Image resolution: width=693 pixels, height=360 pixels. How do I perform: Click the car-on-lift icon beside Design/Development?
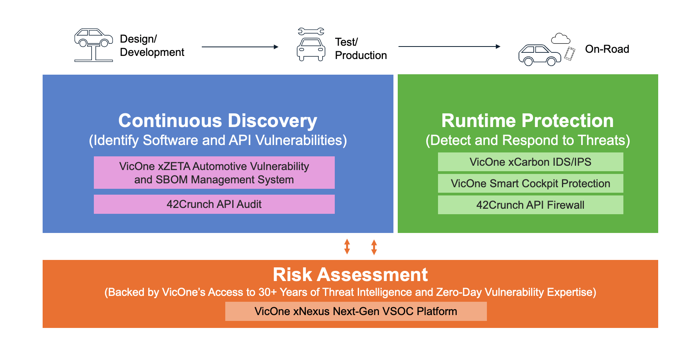[x=93, y=45]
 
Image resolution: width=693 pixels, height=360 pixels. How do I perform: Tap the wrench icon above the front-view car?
[x=311, y=31]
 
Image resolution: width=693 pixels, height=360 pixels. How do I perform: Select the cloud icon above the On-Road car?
[x=560, y=38]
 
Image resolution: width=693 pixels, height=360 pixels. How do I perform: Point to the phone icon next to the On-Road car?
[x=570, y=54]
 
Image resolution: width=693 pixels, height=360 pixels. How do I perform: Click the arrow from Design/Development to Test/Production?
[x=240, y=47]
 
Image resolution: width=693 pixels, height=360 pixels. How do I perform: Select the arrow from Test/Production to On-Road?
[x=449, y=47]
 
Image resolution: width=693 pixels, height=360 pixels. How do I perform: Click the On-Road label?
[x=607, y=49]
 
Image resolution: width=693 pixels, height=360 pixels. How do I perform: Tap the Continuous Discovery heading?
[x=217, y=120]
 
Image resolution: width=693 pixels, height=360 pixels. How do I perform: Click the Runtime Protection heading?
[x=527, y=120]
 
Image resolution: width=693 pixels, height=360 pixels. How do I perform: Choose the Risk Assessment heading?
[x=350, y=274]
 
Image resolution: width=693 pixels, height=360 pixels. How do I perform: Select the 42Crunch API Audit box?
[x=214, y=204]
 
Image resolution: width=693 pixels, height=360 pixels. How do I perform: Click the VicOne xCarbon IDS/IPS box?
[x=530, y=162]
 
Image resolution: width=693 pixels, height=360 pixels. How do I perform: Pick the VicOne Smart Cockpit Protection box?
[x=530, y=183]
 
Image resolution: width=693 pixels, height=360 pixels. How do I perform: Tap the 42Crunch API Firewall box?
[x=530, y=205]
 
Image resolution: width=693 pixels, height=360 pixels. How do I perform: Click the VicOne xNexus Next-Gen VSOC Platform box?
[x=355, y=311]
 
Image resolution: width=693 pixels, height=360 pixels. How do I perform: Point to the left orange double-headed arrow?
[x=347, y=247]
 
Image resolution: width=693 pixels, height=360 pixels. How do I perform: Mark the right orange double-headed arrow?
[x=374, y=247]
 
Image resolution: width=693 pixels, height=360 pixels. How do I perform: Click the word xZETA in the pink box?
[x=174, y=167]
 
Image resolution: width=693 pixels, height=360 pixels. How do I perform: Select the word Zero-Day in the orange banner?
[x=458, y=292]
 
